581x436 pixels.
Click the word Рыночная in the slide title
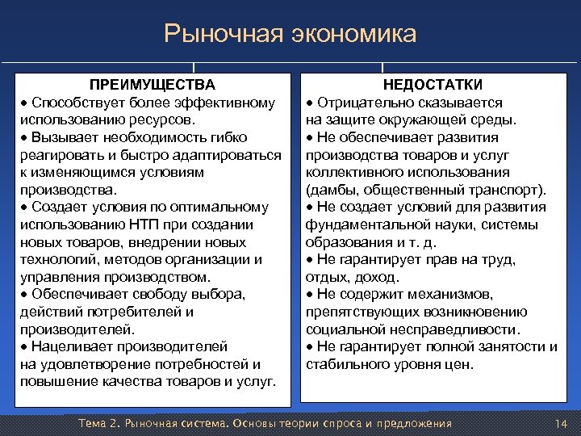tap(215, 34)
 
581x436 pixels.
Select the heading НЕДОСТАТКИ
tap(433, 85)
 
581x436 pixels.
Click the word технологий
tap(52, 259)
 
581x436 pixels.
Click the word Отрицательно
tap(358, 103)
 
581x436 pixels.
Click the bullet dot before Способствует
tap(25, 103)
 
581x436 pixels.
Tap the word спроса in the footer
tap(320, 424)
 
